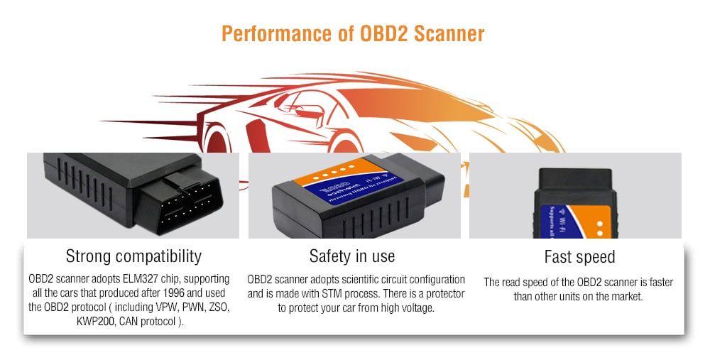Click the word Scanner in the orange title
point(446,34)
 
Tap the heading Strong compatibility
point(133,256)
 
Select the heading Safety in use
point(352,256)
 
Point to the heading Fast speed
point(579,257)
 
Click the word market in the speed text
point(628,296)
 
